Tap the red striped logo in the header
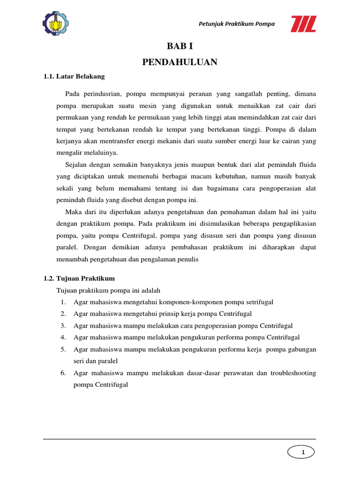coord(303,24)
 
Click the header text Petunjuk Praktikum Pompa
coord(237,24)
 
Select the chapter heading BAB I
coord(180,46)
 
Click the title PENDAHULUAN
coord(180,62)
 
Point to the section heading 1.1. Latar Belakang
coord(75,76)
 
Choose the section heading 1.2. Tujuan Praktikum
coord(79,278)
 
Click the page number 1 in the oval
coord(303,452)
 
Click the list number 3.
coord(62,326)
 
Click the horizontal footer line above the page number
coord(180,440)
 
